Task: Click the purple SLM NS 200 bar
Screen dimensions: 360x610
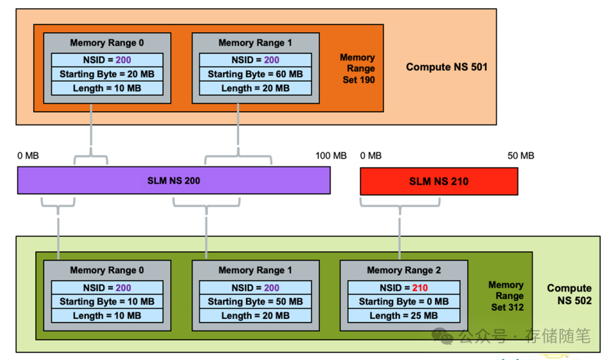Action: pos(173,181)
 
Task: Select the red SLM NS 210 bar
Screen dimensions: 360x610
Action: pos(438,181)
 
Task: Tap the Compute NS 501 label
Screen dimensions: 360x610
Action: pos(446,67)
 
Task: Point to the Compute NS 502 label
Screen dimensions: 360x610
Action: pos(569,295)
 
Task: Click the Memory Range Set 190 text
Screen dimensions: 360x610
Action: pos(358,69)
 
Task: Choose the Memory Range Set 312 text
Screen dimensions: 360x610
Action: pos(506,296)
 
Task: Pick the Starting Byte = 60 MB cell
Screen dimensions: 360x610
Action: pos(255,74)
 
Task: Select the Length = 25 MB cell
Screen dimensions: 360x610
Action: pos(403,316)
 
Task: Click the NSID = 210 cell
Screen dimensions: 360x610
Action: pos(403,288)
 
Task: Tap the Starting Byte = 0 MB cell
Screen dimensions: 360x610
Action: pos(403,302)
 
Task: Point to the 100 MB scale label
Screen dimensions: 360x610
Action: pos(331,156)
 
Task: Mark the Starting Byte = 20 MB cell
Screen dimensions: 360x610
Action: pos(106,74)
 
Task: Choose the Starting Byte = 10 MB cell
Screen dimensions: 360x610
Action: pos(106,302)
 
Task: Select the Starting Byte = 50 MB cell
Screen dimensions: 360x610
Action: pos(255,302)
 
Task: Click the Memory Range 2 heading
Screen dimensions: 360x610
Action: pos(403,270)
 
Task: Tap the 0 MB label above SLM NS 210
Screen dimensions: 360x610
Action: pos(371,156)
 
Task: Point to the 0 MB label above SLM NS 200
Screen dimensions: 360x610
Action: pos(28,156)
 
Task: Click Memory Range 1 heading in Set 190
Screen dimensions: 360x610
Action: pos(255,43)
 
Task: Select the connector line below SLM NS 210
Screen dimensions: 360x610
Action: pos(398,230)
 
